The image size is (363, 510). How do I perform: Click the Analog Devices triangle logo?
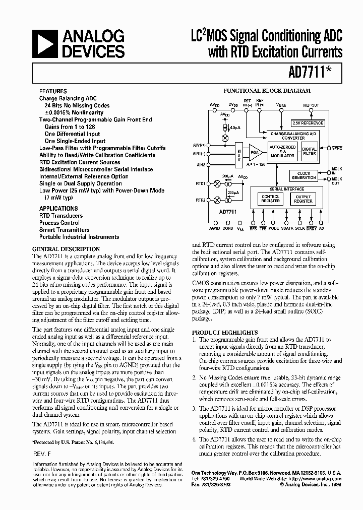(x=46, y=44)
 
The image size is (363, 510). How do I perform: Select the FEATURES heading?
(x=53, y=92)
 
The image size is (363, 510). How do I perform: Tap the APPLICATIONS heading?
(x=58, y=208)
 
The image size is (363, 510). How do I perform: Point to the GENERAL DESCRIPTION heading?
(x=66, y=249)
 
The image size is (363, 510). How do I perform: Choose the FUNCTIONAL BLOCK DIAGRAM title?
(x=267, y=91)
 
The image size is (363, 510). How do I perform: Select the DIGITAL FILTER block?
(x=309, y=151)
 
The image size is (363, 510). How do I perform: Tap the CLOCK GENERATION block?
(x=304, y=175)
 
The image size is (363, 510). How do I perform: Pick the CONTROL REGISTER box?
(x=270, y=199)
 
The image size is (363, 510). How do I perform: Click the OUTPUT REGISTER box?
(x=303, y=199)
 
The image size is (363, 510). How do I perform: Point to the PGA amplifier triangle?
(x=255, y=152)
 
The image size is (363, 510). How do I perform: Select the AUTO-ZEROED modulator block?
(x=282, y=152)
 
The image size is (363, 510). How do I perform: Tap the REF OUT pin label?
(x=311, y=105)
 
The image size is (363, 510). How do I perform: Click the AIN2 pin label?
(x=201, y=164)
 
